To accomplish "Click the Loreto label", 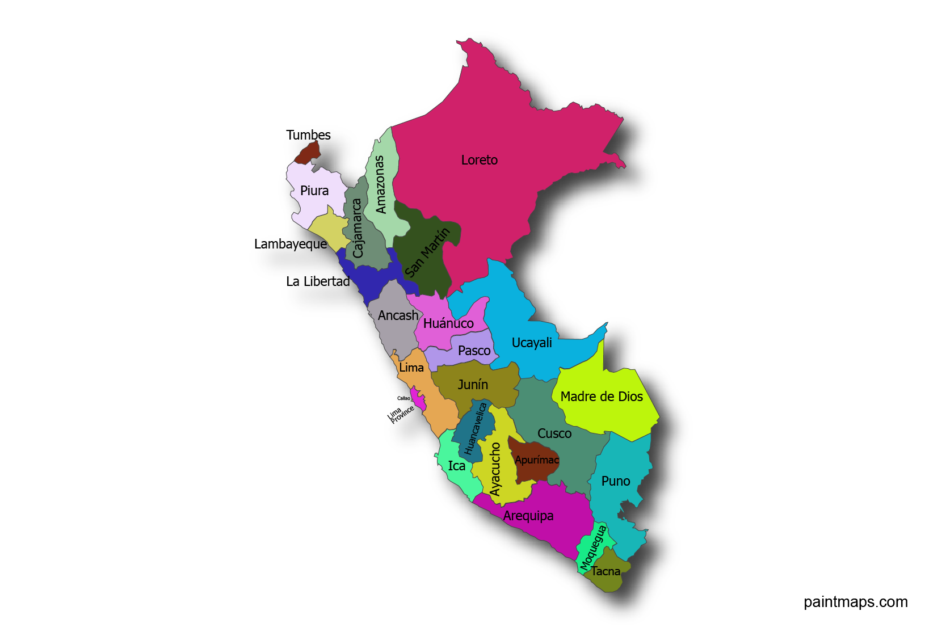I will (x=479, y=160).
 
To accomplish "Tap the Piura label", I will (x=314, y=191).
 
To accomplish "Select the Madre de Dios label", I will (x=602, y=397).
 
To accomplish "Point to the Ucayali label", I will (x=532, y=343).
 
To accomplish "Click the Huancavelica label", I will (x=476, y=429).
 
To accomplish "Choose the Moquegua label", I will (x=593, y=547).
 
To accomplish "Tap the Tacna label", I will (x=606, y=571).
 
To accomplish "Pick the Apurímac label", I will (x=537, y=460).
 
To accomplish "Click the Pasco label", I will (x=474, y=351).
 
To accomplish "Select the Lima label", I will (x=411, y=368).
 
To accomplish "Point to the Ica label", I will (x=456, y=466).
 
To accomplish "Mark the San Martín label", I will (x=427, y=252).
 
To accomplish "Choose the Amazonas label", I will (x=380, y=184).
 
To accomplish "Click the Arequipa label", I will (x=528, y=516).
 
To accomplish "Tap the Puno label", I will (x=616, y=481).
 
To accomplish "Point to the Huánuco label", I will (x=448, y=323).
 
